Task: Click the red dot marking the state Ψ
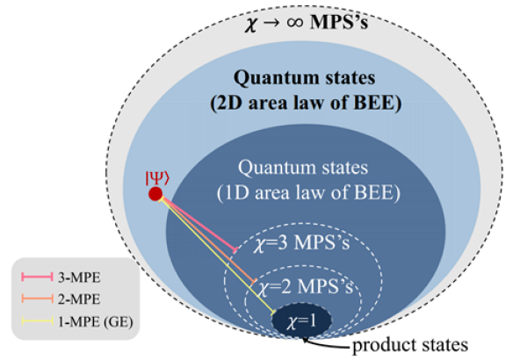(155, 194)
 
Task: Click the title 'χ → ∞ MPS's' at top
(304, 19)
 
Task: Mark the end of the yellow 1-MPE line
(278, 314)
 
